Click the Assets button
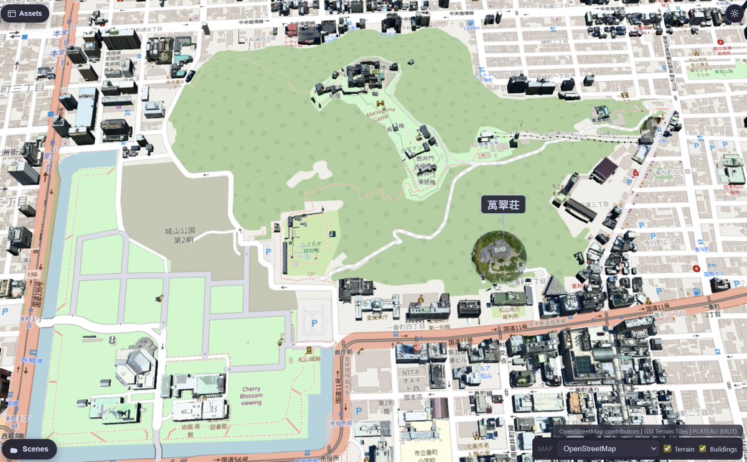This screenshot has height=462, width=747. (25, 13)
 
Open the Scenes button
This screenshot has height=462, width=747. (29, 449)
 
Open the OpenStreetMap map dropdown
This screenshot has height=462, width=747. (608, 448)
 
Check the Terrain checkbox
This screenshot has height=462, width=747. (667, 449)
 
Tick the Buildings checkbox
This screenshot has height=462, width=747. (703, 449)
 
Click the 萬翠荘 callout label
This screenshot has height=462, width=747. (503, 205)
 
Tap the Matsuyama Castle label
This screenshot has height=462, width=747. (380, 115)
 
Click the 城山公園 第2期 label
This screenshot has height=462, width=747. (179, 235)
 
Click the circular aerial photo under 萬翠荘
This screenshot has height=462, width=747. (499, 255)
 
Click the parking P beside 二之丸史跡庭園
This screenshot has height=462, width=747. (268, 252)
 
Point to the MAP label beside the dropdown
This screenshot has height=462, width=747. (545, 449)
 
